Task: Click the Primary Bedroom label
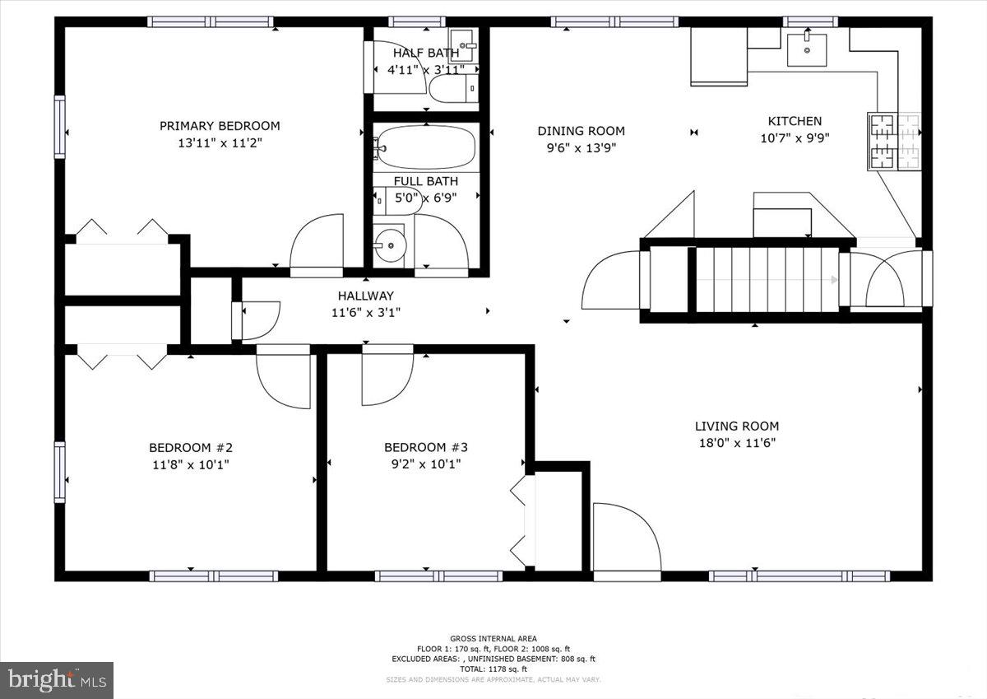pyautogui.click(x=220, y=126)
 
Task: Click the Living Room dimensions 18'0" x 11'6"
pyautogui.click(x=736, y=442)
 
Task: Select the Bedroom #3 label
pyautogui.click(x=426, y=447)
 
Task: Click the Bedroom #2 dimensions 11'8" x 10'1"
pyautogui.click(x=190, y=464)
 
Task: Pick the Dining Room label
pyautogui.click(x=581, y=131)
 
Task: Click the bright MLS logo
pyautogui.click(x=57, y=680)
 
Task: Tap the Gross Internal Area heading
pyautogui.click(x=493, y=638)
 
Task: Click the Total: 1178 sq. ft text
pyautogui.click(x=493, y=669)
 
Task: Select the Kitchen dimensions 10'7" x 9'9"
pyautogui.click(x=795, y=138)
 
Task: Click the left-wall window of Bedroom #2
pyautogui.click(x=59, y=471)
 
